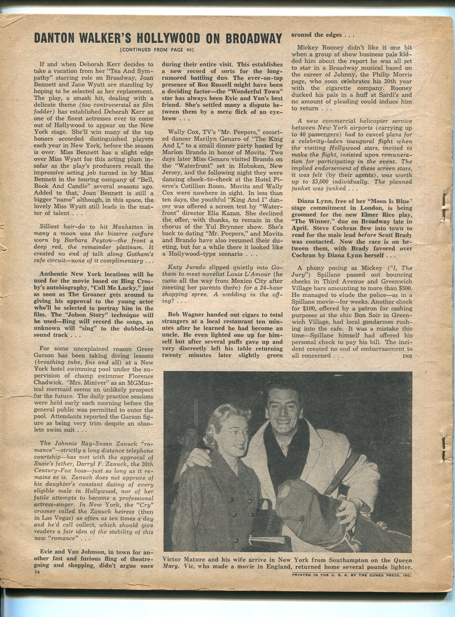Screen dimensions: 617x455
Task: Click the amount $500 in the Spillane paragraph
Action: pos(404,288)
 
